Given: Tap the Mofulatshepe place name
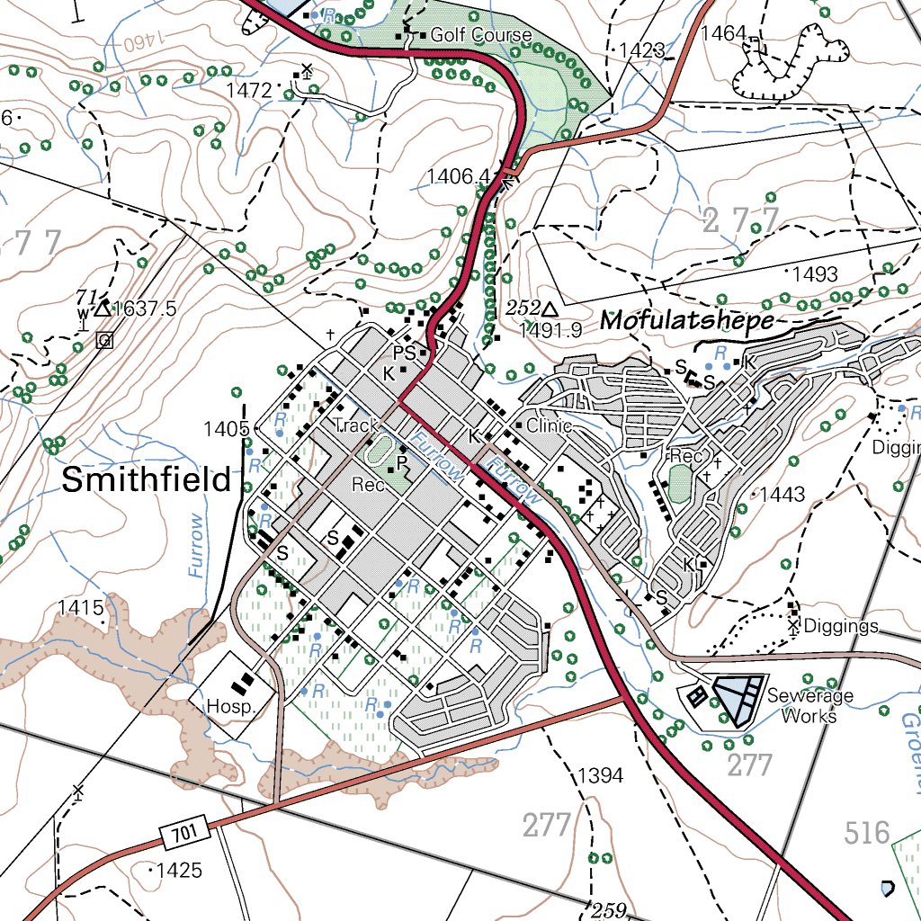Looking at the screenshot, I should click(x=687, y=320).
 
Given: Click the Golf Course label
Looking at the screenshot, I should click(x=480, y=35).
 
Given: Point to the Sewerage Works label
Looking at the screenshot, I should click(x=809, y=705).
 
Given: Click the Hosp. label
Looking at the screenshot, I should click(x=226, y=706).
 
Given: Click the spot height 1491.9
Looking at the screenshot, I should click(x=550, y=331).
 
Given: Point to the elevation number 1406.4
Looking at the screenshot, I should click(x=458, y=175).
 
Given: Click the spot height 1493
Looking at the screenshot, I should click(x=815, y=274).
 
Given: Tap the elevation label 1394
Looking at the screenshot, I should click(x=601, y=774).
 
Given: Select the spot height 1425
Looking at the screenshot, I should click(x=177, y=871).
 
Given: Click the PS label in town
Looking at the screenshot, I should click(x=404, y=353).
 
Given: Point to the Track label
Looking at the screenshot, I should click(x=354, y=425).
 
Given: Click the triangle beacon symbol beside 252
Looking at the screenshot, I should click(x=549, y=308).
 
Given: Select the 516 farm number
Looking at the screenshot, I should click(x=867, y=833).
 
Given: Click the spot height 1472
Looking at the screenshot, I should click(x=248, y=90).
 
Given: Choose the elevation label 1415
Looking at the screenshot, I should click(x=82, y=607).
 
